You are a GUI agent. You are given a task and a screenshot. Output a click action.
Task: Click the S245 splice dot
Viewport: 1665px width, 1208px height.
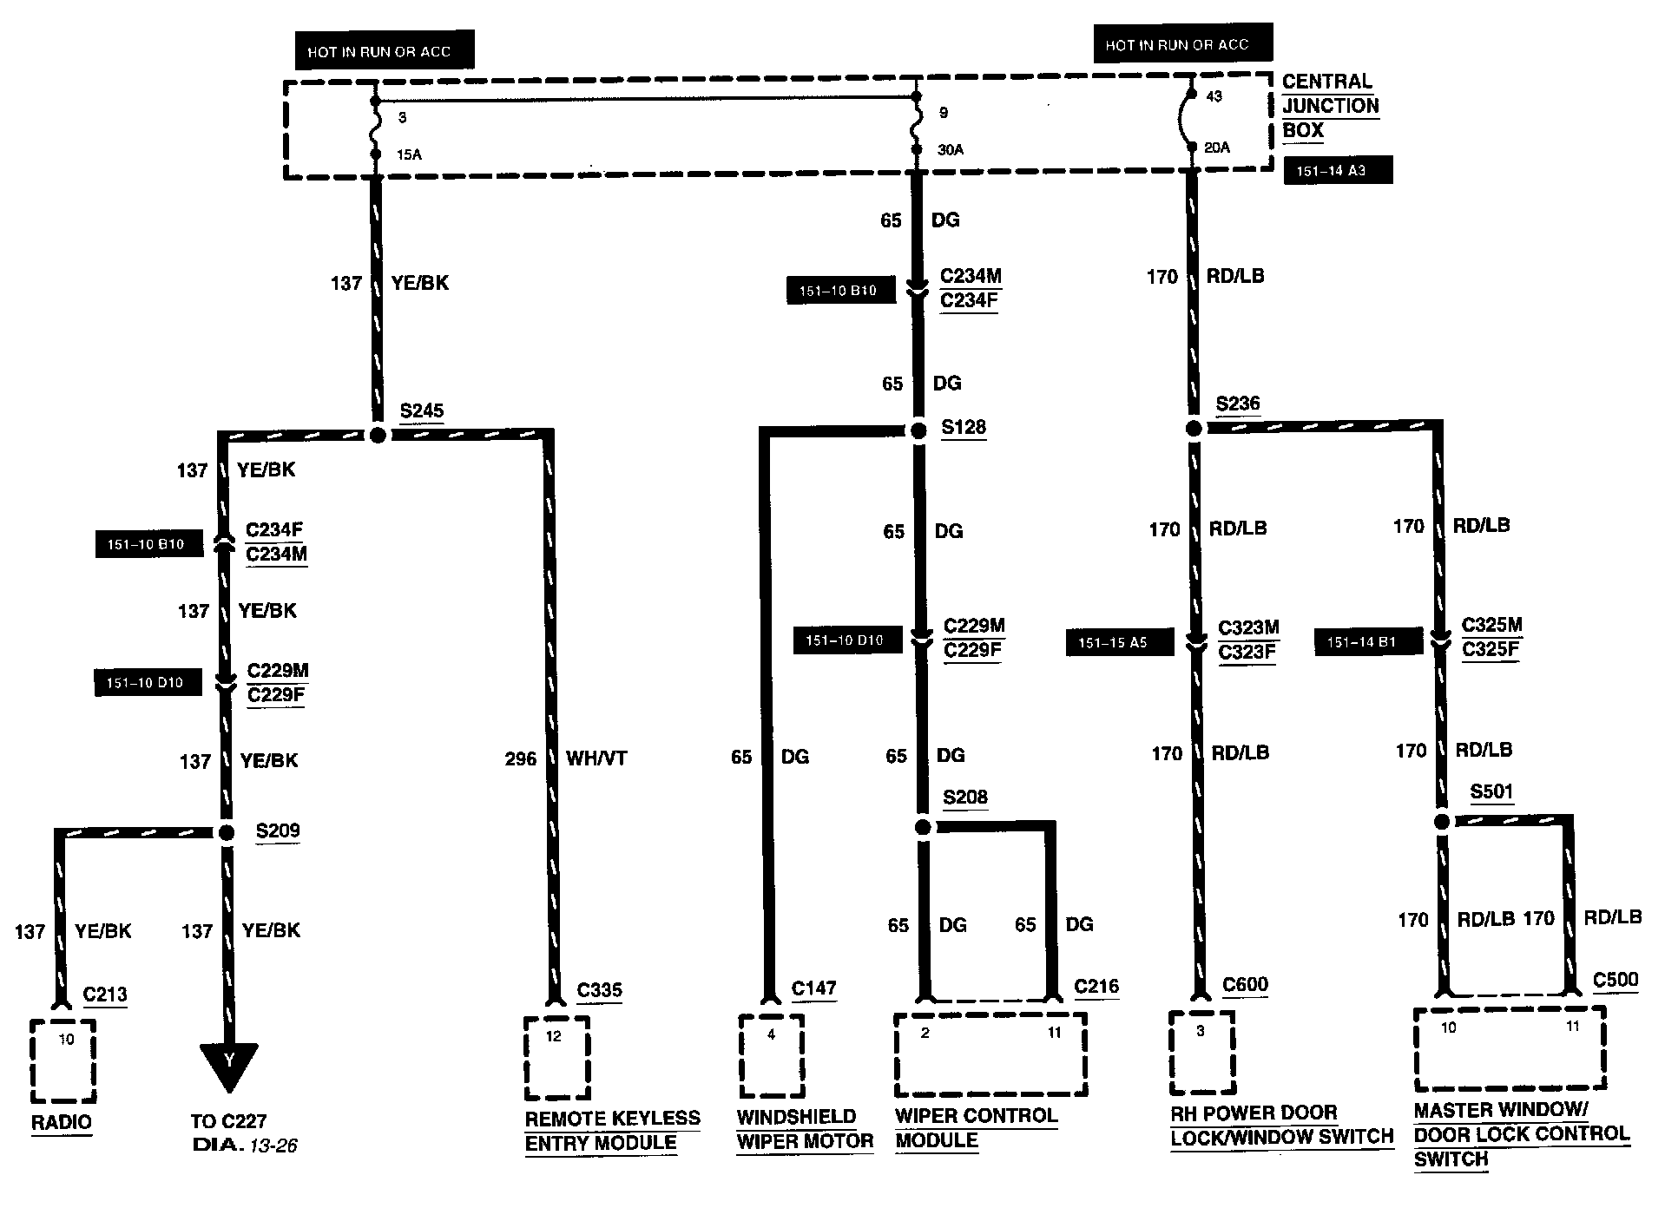click(378, 435)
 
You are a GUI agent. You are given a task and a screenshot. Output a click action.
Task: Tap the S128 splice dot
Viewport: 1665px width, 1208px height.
click(918, 430)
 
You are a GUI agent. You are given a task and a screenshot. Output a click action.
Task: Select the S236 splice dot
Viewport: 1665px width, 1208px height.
click(1194, 429)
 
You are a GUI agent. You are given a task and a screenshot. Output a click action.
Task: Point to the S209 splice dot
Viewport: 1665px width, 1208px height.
click(226, 833)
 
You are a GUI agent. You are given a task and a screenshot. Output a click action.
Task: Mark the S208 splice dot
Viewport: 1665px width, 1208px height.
click(923, 827)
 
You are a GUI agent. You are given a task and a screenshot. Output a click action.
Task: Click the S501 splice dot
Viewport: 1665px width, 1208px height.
click(1442, 822)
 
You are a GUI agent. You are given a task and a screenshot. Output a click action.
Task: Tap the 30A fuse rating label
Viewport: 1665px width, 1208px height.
click(951, 150)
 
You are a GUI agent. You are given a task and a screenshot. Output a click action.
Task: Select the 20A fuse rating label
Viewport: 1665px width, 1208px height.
click(1217, 148)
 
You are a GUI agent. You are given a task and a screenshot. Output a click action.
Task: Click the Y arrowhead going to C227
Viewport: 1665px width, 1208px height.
click(229, 1064)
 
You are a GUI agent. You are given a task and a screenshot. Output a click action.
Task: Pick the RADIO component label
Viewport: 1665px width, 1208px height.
click(62, 1123)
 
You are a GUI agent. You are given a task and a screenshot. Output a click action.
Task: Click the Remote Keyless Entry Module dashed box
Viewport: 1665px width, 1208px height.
click(556, 1058)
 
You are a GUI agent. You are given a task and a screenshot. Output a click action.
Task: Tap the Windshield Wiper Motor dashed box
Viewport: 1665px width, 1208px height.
click(771, 1056)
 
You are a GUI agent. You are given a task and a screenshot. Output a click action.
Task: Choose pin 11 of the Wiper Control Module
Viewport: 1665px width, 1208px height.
click(1054, 1034)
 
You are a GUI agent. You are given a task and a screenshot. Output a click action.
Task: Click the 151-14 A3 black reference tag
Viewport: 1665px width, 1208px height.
click(1337, 171)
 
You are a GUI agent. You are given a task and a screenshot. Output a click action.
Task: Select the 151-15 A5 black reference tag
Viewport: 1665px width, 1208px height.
click(1119, 643)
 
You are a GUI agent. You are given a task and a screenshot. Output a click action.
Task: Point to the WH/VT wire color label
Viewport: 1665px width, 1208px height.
click(596, 758)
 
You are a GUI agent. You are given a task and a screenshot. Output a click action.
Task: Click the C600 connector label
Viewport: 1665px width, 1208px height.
click(1245, 985)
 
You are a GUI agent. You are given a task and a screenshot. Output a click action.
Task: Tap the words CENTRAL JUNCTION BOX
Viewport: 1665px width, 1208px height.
click(1330, 106)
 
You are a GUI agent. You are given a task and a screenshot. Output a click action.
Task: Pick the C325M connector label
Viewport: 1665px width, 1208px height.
click(1491, 625)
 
